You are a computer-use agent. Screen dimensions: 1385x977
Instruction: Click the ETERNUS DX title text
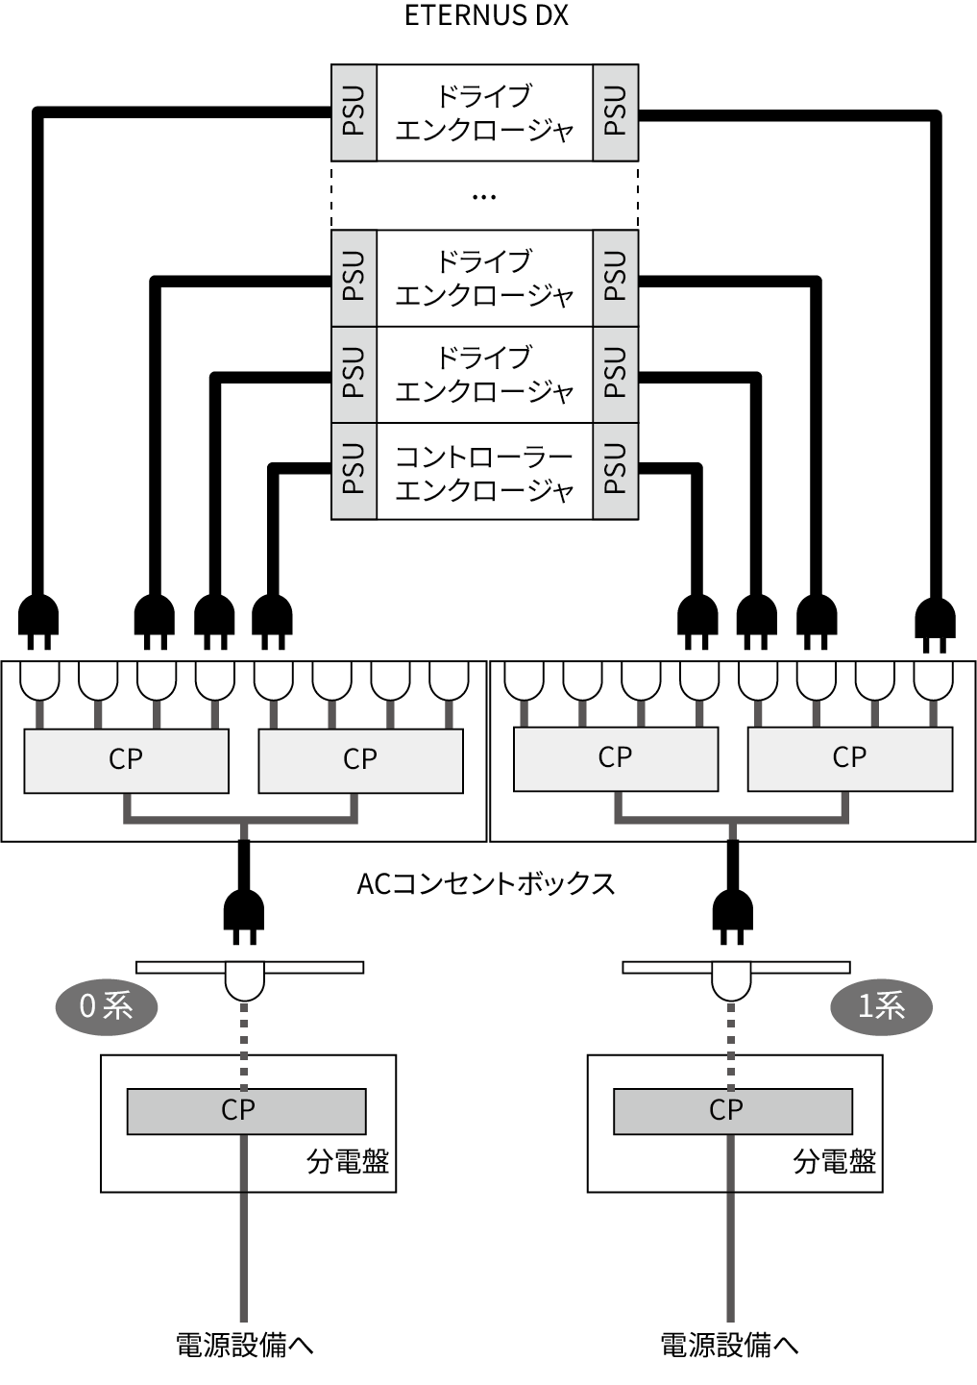(486, 16)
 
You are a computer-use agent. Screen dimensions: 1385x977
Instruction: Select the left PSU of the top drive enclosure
(354, 111)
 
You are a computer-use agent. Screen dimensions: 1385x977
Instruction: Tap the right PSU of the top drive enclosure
(616, 111)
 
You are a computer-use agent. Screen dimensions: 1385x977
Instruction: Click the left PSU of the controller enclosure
(354, 470)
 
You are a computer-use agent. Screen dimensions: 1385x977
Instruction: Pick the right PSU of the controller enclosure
(616, 470)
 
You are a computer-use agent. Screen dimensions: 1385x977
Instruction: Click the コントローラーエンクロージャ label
(484, 472)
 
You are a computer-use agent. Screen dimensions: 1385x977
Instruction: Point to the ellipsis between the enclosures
(484, 197)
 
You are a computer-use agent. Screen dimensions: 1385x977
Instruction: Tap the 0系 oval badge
(106, 1006)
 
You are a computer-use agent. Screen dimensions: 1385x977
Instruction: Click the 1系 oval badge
(881, 1006)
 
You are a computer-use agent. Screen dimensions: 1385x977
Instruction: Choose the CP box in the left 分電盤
(246, 1111)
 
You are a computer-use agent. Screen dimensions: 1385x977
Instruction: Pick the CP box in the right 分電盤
(732, 1111)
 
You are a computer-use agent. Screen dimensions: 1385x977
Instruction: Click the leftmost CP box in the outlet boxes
(126, 760)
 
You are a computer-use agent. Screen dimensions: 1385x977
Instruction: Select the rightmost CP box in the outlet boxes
(850, 758)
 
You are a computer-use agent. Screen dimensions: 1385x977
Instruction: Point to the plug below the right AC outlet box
(733, 915)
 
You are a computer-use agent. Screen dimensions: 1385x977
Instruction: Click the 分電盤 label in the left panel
(348, 1162)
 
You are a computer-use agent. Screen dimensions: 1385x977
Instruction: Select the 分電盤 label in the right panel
(834, 1162)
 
